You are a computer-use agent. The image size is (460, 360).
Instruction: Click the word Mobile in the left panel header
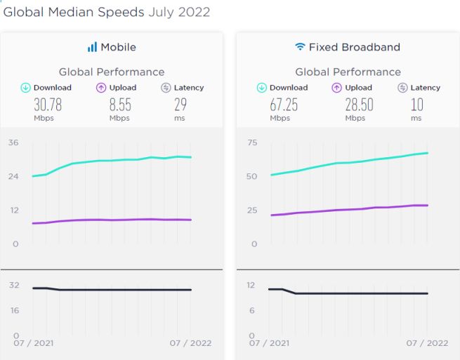tap(118, 48)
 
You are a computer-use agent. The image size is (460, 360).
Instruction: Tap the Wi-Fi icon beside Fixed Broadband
tap(300, 48)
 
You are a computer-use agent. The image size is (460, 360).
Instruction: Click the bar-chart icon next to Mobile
tap(92, 48)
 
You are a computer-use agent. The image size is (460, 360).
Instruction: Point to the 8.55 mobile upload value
tap(119, 105)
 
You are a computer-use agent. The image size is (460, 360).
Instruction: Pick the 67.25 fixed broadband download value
tap(282, 105)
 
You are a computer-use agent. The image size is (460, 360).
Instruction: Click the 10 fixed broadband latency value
tap(417, 105)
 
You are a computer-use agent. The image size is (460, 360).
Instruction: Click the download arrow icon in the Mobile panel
tap(25, 88)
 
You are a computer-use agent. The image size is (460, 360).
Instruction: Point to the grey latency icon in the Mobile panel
tap(166, 88)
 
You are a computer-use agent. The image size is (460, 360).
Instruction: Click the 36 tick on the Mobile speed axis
tap(13, 143)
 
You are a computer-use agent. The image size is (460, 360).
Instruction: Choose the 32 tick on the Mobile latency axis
tap(13, 285)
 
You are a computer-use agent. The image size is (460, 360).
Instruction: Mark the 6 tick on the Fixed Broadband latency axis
tap(252, 310)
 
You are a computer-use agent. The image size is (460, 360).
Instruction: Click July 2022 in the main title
tap(178, 13)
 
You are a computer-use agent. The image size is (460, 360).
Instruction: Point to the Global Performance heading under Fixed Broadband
tap(348, 72)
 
